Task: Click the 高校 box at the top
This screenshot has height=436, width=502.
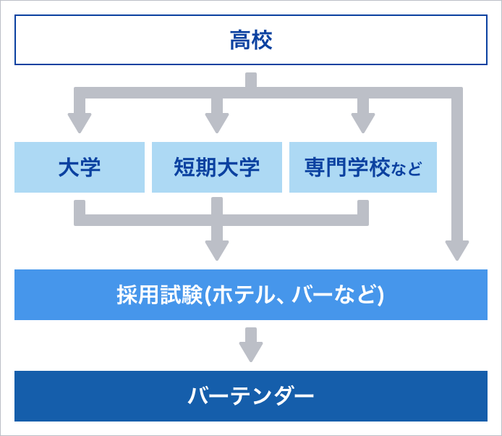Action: click(251, 40)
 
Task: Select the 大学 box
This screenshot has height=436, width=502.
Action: click(80, 167)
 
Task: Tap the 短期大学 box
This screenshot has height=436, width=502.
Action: click(217, 167)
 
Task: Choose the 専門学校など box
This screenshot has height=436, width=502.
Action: click(363, 167)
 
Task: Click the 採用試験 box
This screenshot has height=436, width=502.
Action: click(251, 295)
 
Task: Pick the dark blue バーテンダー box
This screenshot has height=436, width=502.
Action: click(251, 396)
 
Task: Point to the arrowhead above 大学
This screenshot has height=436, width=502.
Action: click(80, 123)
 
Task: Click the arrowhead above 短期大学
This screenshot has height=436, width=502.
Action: click(217, 123)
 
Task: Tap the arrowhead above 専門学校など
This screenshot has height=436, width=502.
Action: click(363, 123)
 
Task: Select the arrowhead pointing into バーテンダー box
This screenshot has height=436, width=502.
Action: click(251, 352)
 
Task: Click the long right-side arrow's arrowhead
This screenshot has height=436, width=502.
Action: click(457, 251)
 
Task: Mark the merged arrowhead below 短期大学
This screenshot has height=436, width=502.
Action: click(217, 251)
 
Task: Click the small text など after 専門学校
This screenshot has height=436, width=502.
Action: click(407, 169)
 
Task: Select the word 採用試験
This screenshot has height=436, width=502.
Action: click(160, 295)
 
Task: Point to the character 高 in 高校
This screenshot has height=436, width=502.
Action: click(240, 40)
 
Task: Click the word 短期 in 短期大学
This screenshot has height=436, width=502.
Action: click(195, 167)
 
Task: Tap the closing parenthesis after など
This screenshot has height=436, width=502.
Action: click(380, 295)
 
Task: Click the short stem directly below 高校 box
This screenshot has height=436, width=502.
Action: click(251, 80)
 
